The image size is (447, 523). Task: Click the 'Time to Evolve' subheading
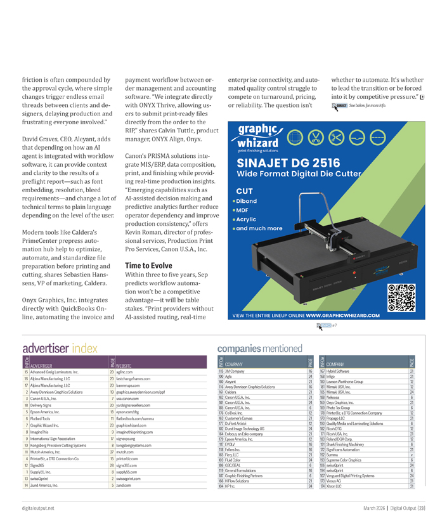coord(148,265)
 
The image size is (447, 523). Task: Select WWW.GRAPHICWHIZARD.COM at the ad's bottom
coord(342,314)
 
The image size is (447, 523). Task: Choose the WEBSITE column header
coord(124,366)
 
